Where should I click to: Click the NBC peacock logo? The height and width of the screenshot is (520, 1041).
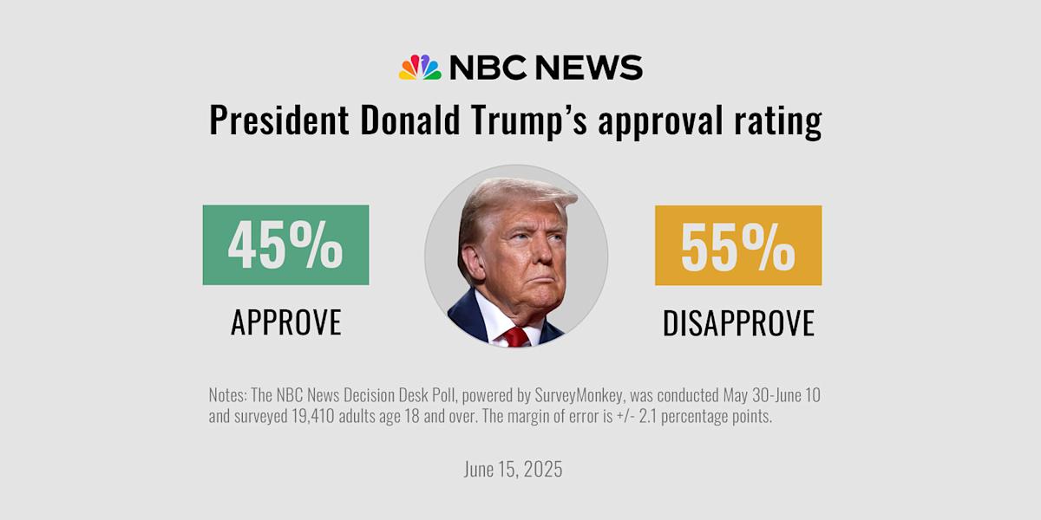coord(420,68)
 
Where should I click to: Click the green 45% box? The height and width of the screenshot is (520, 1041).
coord(285,245)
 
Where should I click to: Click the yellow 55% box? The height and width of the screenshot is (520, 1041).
coord(737,245)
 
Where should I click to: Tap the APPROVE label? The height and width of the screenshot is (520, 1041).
coord(285,322)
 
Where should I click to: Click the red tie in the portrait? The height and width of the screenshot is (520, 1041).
coord(516,337)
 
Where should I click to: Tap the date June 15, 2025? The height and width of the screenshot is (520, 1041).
coord(513,470)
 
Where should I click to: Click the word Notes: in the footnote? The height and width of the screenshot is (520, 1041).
coord(227,395)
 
